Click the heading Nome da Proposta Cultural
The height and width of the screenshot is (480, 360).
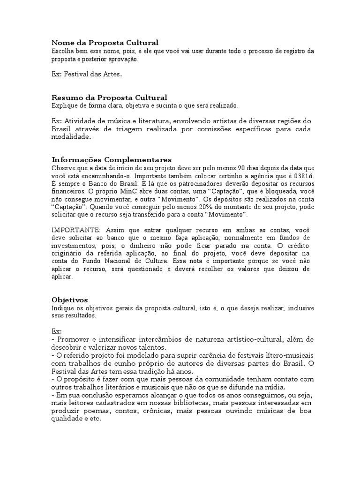(x=105, y=42)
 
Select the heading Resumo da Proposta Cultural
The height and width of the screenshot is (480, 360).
(x=109, y=97)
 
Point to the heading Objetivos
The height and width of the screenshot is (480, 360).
(x=69, y=300)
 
